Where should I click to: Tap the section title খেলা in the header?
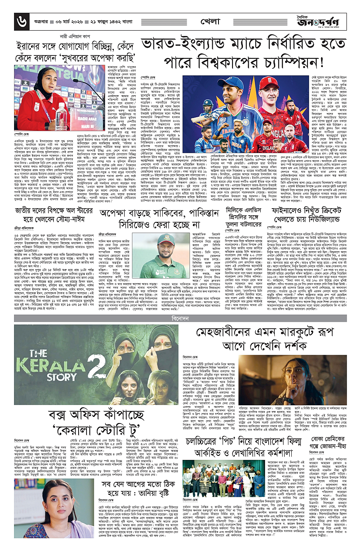[x=211, y=20]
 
